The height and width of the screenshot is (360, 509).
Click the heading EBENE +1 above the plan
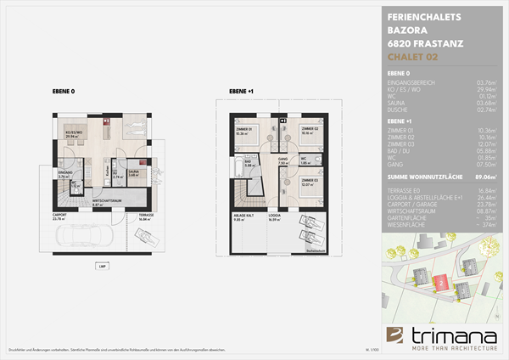(x=240, y=89)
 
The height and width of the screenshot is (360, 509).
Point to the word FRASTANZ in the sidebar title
(x=431, y=43)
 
